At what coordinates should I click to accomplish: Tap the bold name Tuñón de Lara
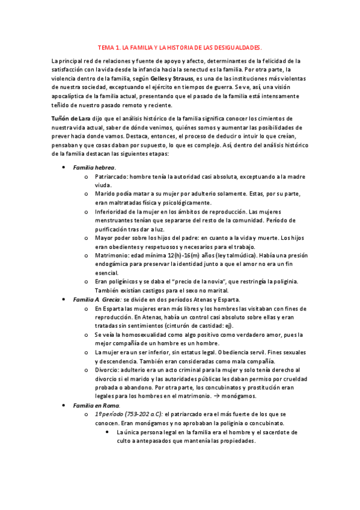coord(70,118)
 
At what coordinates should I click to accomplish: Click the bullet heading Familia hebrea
coord(94,168)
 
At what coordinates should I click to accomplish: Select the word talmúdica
coord(224,255)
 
